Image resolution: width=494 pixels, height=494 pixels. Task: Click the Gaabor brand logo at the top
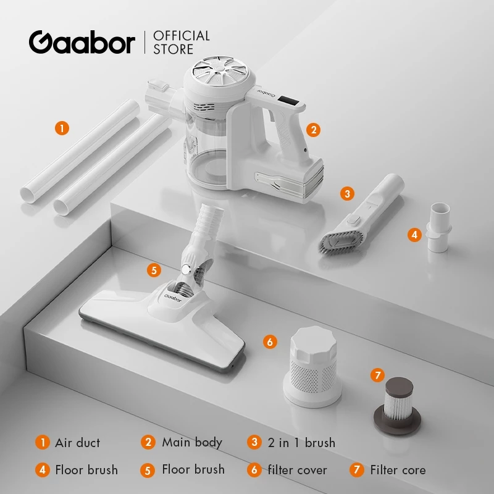point(82,42)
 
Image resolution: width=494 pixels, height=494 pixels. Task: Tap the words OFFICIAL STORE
point(182,42)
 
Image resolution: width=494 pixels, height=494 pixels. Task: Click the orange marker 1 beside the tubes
point(62,128)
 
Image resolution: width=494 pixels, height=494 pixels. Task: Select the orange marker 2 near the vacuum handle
point(314,130)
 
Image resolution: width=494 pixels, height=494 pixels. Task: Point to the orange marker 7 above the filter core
point(377,375)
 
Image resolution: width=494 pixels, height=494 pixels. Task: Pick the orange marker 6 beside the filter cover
point(270,341)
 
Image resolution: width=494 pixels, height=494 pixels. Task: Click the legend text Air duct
point(77,442)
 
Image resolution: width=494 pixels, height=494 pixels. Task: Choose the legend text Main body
point(191,442)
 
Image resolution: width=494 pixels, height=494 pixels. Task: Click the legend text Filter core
point(398,470)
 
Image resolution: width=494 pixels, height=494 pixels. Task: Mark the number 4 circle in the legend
point(43,470)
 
